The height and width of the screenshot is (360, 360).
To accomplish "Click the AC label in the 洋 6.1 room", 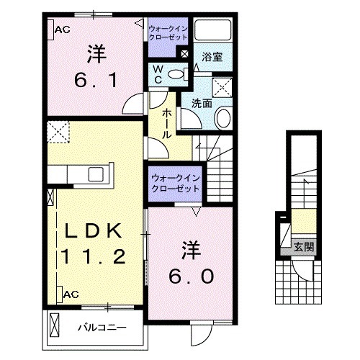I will (61, 30).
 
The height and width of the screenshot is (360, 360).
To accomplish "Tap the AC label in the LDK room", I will (71, 294).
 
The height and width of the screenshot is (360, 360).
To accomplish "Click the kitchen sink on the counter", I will (95, 174).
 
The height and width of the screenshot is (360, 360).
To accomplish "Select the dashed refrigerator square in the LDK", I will (57, 132).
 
